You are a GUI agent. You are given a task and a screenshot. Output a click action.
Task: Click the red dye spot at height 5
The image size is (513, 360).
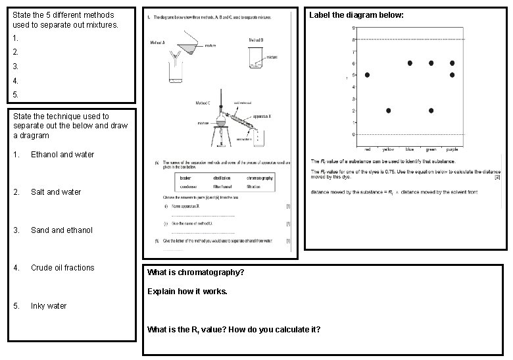[367, 75]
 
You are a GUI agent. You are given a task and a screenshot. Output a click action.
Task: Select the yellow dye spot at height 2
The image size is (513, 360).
[389, 111]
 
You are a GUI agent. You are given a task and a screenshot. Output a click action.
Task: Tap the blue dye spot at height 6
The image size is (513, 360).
[410, 63]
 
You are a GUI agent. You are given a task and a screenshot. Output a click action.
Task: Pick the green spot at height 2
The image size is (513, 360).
[431, 111]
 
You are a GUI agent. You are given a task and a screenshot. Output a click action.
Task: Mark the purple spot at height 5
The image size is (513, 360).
[452, 75]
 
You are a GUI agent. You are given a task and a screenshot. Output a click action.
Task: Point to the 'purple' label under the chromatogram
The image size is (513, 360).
[452, 149]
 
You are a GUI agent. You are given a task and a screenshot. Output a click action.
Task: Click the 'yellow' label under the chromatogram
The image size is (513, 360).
[389, 149]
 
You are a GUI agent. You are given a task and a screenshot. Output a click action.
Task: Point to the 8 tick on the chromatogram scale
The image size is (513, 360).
[354, 39]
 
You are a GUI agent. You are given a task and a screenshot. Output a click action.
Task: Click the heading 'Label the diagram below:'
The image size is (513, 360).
[356, 14]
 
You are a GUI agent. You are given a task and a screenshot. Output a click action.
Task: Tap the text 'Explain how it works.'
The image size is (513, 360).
[187, 291]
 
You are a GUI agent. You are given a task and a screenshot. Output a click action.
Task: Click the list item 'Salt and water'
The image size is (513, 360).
[56, 192]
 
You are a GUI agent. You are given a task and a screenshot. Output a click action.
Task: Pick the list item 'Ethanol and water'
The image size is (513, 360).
[62, 155]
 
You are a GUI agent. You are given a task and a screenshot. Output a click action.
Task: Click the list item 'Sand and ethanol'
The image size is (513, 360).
[62, 230]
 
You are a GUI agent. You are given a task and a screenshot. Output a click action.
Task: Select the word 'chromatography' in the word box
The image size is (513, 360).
[259, 178]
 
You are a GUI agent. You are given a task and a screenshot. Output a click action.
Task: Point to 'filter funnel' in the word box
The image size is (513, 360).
[221, 187]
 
